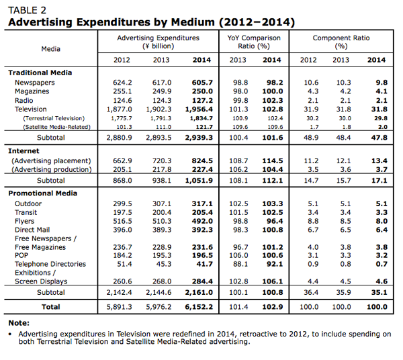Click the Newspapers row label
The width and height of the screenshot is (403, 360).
click(35, 83)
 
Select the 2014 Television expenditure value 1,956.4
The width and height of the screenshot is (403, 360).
click(199, 109)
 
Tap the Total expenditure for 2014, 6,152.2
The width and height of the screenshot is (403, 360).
click(199, 307)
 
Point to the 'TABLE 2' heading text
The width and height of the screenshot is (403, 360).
click(28, 10)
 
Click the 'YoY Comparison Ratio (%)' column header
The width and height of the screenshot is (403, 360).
click(254, 42)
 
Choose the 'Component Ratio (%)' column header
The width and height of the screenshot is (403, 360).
click(341, 42)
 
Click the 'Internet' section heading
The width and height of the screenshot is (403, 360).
click(24, 151)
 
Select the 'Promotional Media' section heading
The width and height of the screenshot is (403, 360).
click(43, 193)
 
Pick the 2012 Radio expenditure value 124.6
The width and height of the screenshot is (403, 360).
click(122, 101)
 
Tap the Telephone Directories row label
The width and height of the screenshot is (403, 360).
click(50, 264)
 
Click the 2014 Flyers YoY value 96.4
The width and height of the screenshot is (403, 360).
click(275, 221)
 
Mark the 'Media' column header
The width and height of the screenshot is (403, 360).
click(51, 49)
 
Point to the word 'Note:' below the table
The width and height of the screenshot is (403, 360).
click(19, 323)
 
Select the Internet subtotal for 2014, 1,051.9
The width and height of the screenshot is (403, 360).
click(199, 181)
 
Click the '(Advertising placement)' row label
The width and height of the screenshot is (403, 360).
click(51, 161)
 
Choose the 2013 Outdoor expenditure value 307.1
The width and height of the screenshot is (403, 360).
click(162, 204)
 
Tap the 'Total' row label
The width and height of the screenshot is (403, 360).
click(51, 307)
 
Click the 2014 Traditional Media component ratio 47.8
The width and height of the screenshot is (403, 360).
click(379, 138)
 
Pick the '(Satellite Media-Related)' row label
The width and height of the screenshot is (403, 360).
click(57, 127)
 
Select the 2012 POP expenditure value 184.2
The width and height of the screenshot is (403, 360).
click(122, 255)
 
